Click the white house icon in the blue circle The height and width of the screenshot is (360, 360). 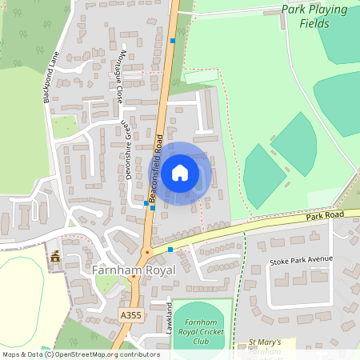click(x=180, y=172)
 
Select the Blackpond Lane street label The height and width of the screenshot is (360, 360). click(x=51, y=78)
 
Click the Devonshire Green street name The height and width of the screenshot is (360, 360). click(x=127, y=150)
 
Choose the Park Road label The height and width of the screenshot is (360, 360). click(x=325, y=217)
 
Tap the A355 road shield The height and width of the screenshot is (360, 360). click(x=130, y=294)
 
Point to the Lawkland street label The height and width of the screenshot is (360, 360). click(x=170, y=317)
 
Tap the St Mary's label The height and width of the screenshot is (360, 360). click(x=264, y=342)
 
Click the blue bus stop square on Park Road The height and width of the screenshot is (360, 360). click(x=170, y=250)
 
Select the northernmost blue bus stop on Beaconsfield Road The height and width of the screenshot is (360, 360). click(x=173, y=39)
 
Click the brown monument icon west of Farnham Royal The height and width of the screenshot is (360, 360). click(x=55, y=258)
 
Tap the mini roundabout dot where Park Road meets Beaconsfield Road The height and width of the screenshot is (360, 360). click(x=146, y=253)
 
